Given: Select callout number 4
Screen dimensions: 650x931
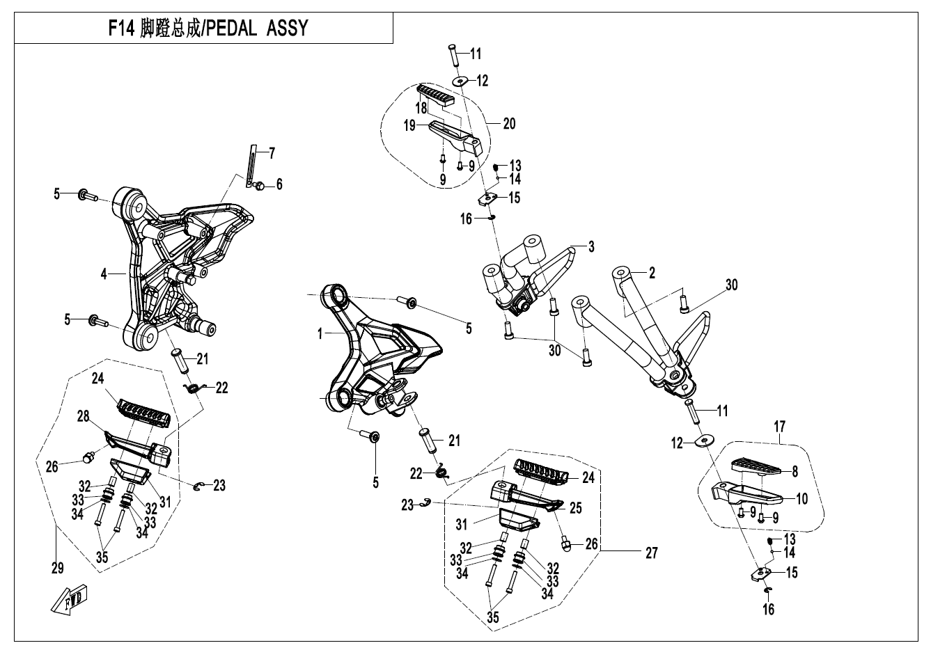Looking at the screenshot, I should coord(104,275).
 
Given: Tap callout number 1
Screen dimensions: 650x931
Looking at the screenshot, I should coord(319,334).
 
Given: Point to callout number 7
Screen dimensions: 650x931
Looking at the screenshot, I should coord(272,152).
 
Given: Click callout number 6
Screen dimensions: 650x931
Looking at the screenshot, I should coord(279,184).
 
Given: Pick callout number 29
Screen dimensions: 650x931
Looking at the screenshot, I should coord(57,569).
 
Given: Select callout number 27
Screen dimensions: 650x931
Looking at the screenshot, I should coord(651,553).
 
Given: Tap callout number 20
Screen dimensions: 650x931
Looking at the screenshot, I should coord(509,124).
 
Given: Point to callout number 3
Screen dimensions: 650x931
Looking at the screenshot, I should coord(590,246).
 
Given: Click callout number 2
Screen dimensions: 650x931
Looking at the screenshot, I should coord(652,274).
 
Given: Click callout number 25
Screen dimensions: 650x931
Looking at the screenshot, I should coord(575,509).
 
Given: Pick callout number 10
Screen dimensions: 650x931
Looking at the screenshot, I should coord(801,498).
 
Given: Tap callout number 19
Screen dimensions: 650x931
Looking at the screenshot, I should coord(409,126).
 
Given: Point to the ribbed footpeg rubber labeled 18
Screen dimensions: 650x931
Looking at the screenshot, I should coord(441,94).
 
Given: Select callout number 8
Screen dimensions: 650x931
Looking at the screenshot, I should coord(794,471).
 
